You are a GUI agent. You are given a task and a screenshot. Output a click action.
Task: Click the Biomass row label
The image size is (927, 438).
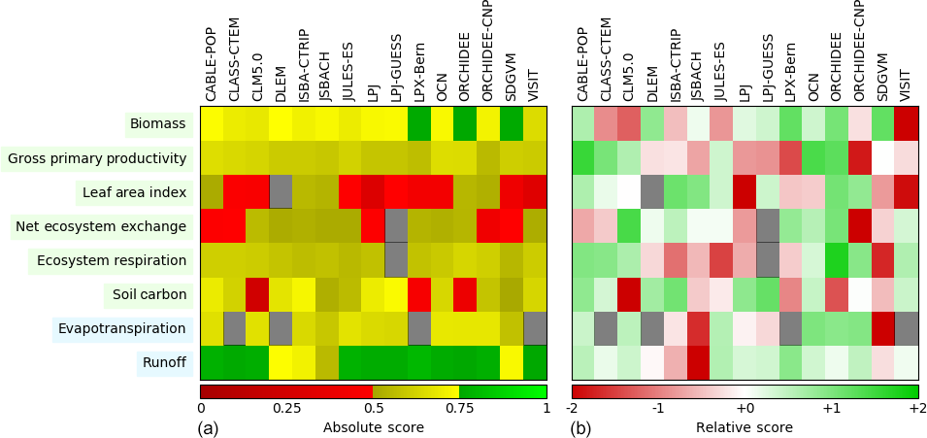click(157, 124)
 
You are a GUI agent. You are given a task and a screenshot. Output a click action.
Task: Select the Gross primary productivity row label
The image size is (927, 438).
click(97, 158)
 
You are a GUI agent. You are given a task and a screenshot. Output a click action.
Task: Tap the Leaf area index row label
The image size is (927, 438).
click(134, 192)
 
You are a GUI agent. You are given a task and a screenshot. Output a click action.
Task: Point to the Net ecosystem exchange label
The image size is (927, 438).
click(101, 226)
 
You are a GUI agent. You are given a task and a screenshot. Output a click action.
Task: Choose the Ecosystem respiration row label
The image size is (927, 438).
click(112, 260)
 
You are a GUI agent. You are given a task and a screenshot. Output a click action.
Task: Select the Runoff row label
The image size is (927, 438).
click(164, 363)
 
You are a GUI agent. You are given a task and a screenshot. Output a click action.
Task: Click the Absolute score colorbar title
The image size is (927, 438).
click(374, 427)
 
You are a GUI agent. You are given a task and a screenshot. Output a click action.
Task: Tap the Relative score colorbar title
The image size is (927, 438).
click(745, 427)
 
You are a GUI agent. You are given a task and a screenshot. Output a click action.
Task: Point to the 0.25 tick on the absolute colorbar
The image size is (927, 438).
click(287, 409)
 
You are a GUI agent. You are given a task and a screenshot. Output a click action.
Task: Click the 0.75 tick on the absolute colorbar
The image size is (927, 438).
click(460, 409)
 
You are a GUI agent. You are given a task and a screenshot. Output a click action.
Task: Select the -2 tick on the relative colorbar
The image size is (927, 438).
click(573, 409)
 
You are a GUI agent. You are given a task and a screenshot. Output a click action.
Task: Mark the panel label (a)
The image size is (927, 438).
click(208, 427)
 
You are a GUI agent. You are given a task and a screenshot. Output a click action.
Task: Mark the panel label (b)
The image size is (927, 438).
click(580, 427)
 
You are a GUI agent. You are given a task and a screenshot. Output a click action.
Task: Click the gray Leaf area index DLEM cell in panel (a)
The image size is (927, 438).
click(281, 192)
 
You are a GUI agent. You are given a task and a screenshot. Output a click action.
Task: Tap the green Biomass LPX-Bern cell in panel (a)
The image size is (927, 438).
click(419, 124)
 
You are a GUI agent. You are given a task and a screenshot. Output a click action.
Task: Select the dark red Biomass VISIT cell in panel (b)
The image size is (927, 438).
click(907, 124)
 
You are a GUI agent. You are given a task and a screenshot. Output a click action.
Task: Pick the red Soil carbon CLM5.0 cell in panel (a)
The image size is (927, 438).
click(257, 294)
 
